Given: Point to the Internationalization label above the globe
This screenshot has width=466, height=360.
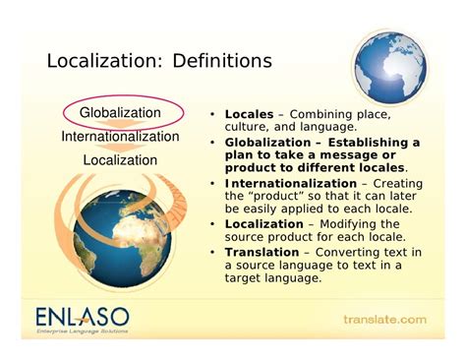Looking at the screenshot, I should coord(120,137).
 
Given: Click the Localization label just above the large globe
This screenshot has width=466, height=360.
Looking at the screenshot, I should coord(120,159).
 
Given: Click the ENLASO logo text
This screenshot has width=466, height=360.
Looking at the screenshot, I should coord(81,317).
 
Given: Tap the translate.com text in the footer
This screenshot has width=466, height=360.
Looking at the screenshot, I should coord(384,320).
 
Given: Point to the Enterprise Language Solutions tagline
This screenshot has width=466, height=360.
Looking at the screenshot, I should coord(80,335).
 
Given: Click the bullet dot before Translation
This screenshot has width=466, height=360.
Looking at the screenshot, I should coord(212,253).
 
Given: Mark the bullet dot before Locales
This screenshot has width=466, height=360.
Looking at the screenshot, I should coord(212,114).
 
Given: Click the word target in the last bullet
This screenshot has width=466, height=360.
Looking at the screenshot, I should coord(245,279).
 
